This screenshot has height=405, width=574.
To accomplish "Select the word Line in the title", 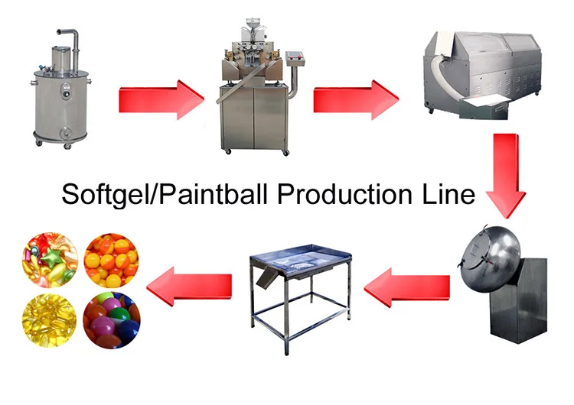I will (452, 194).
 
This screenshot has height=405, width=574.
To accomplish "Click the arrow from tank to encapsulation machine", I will (161, 98).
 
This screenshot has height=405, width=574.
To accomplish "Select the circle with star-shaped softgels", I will (51, 260).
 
